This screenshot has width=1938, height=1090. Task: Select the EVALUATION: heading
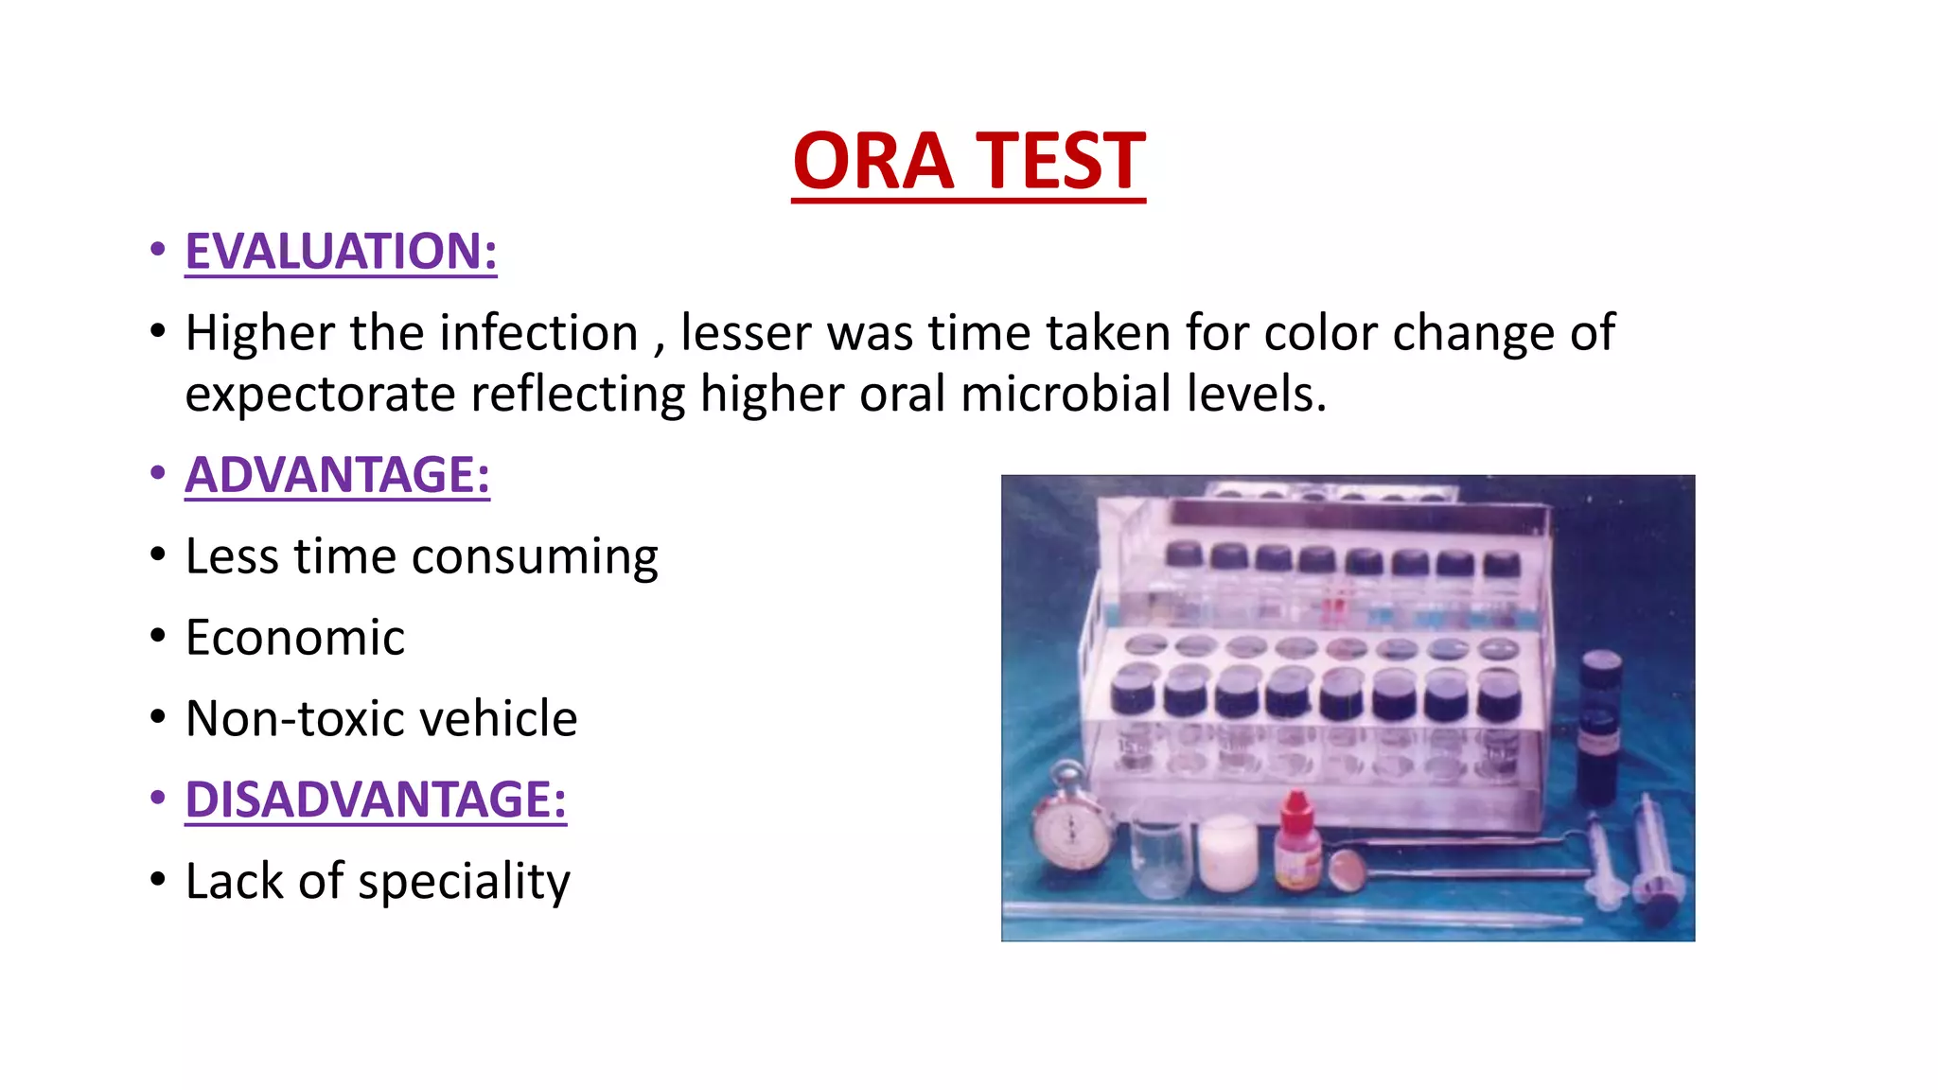pos(341,252)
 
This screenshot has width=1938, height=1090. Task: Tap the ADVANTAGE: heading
pos(337,475)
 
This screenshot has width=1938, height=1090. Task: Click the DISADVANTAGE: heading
pos(376,800)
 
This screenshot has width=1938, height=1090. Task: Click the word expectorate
pos(320,395)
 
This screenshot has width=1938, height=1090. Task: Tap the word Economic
pos(295,638)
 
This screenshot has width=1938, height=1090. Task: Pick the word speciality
pos(464,882)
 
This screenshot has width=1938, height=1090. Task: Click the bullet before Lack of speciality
pos(158,880)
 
